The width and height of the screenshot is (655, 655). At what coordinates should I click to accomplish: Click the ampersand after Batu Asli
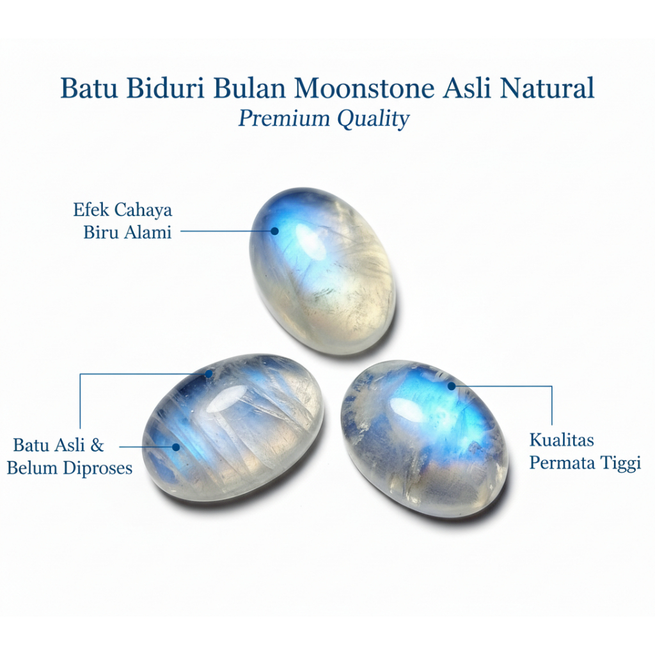97,445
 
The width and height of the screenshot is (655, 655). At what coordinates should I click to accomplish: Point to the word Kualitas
562,440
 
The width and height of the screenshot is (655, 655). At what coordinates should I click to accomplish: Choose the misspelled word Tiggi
620,463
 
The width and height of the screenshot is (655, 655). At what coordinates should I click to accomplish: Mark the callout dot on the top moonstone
275,231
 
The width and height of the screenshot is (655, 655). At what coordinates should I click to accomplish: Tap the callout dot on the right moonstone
452,386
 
